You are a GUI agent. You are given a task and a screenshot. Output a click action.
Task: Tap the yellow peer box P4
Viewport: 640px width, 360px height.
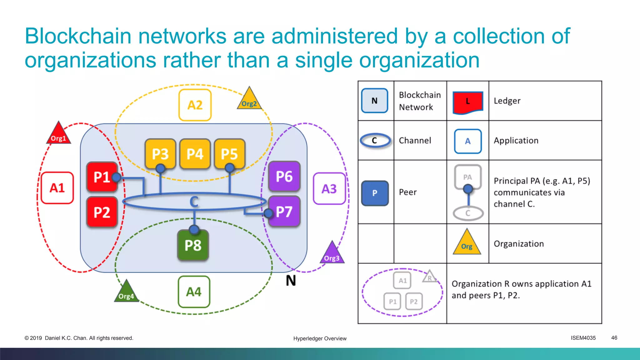point(195,154)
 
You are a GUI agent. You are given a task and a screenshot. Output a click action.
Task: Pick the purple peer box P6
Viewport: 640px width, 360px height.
point(284,176)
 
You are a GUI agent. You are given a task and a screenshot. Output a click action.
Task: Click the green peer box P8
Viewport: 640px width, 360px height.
point(193,245)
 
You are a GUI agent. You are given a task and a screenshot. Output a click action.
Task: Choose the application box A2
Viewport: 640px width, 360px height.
point(195,105)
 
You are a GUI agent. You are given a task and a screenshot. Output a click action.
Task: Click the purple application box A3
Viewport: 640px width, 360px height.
point(329,189)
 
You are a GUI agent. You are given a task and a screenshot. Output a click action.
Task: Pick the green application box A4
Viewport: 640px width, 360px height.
point(194,292)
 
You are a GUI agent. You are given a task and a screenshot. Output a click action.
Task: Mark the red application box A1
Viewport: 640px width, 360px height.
point(57,188)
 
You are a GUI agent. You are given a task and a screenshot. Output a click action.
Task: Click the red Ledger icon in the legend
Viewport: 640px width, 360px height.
point(468,102)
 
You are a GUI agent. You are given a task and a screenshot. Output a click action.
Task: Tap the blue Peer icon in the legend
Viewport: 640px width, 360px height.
point(375,193)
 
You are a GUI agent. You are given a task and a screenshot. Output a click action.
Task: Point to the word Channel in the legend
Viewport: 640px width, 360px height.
point(415,141)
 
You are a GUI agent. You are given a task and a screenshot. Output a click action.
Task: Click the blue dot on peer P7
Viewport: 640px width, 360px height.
point(268,213)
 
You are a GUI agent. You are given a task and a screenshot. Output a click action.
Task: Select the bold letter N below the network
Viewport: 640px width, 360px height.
point(291,281)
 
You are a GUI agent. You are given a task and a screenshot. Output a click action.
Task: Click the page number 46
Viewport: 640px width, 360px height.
point(614,338)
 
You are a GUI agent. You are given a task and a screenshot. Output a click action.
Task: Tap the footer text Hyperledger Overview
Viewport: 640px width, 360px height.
point(320,338)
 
